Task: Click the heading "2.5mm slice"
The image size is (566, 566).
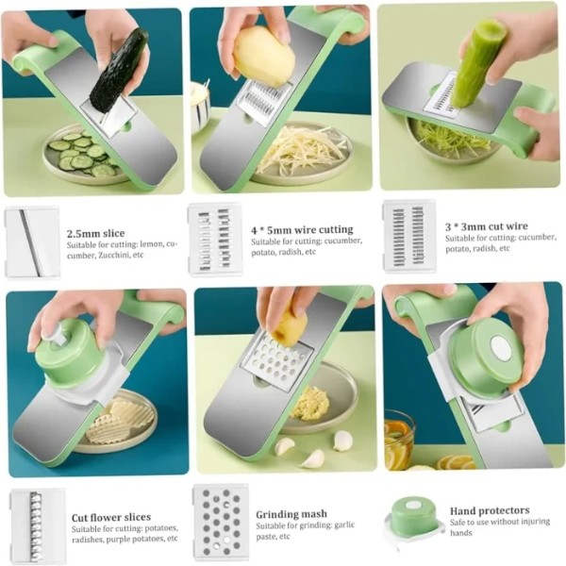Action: [x=95, y=233]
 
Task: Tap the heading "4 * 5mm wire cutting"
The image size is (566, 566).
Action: [x=302, y=230]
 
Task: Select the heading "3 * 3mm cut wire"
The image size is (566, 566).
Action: [x=486, y=226]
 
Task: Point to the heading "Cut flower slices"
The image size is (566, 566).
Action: [x=111, y=517]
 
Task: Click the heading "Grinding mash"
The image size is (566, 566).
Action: [x=291, y=514]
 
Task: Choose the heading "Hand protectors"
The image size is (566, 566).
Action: [x=490, y=510]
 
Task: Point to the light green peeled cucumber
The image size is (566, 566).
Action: [x=478, y=63]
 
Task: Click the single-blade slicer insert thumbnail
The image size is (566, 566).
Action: [x=33, y=242]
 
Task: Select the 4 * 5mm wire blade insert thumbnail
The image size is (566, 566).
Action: [x=215, y=240]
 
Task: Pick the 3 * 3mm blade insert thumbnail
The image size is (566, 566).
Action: [x=409, y=236]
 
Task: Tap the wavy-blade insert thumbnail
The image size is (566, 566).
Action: [x=38, y=524]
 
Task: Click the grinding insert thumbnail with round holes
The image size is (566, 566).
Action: [x=221, y=522]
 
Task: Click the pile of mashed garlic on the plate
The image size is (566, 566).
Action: [x=310, y=403]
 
